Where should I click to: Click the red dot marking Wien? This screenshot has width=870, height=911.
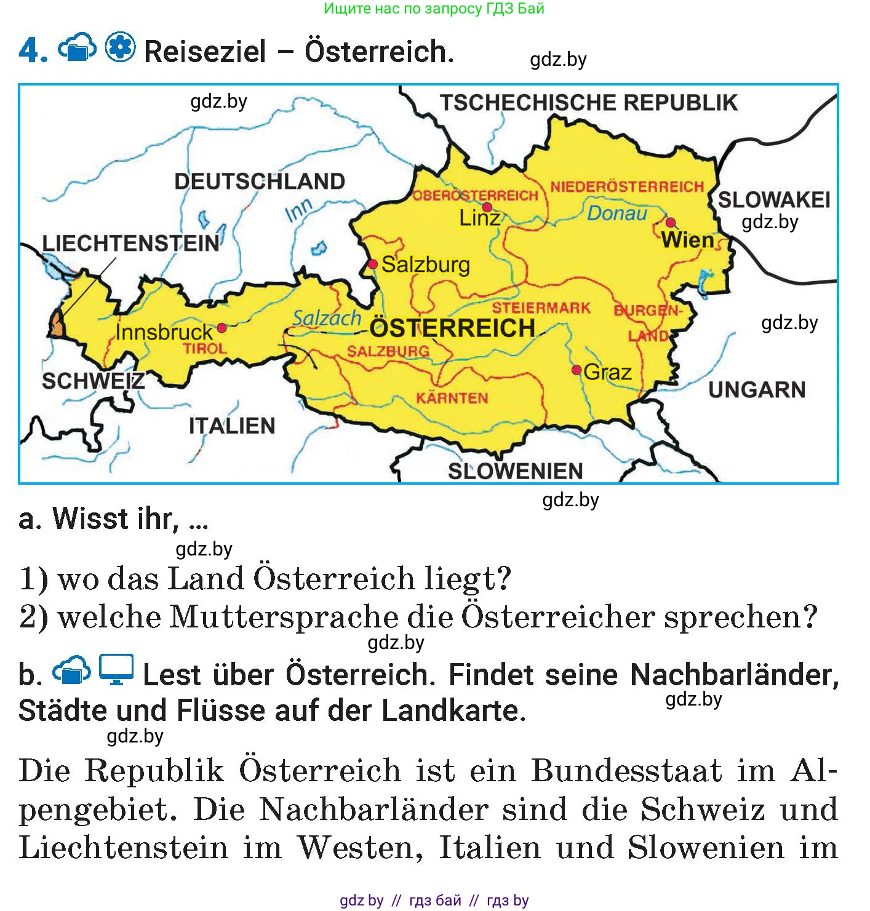click(x=670, y=222)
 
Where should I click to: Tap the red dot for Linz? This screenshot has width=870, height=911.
click(x=487, y=207)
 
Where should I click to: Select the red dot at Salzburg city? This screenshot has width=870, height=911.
click(x=372, y=264)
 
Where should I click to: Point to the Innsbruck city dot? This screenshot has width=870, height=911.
click(x=221, y=328)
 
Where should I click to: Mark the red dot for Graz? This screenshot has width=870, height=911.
click(x=576, y=370)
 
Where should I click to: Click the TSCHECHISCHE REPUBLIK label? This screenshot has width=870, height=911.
click(x=589, y=102)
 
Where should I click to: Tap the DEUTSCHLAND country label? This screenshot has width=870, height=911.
click(x=260, y=181)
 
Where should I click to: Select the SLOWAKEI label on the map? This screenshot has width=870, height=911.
click(x=774, y=199)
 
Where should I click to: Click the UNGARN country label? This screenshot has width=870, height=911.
click(x=757, y=389)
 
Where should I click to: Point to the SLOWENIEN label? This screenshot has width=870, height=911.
click(x=515, y=471)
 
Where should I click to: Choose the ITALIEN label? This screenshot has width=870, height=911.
click(x=232, y=426)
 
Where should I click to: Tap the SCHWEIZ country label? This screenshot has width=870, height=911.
click(x=93, y=381)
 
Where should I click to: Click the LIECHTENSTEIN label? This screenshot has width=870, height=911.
click(x=130, y=244)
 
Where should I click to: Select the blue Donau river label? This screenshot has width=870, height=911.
click(x=617, y=213)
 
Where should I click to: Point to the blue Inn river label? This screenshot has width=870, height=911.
click(x=299, y=211)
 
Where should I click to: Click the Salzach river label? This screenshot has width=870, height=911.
click(x=327, y=318)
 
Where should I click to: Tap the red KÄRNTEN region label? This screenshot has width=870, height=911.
click(x=452, y=398)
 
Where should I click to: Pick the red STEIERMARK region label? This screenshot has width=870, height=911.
click(x=541, y=308)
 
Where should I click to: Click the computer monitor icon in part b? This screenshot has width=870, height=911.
click(x=117, y=670)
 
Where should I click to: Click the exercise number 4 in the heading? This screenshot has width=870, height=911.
click(x=33, y=50)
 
